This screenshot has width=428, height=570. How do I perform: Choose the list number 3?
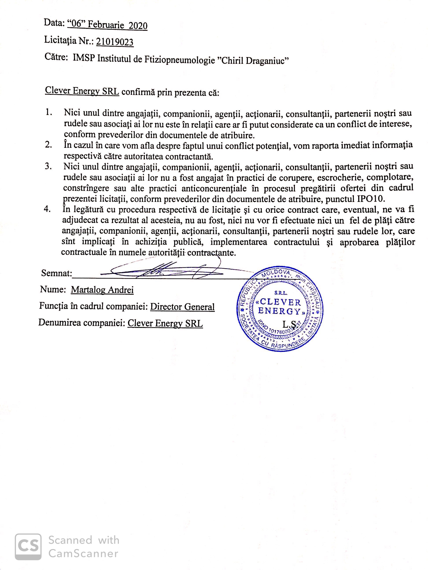click(x=48, y=166)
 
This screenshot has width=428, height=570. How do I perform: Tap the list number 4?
click(x=48, y=209)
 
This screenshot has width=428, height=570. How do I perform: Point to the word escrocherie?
click(x=343, y=177)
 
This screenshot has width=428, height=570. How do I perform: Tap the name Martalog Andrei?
click(x=102, y=290)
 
